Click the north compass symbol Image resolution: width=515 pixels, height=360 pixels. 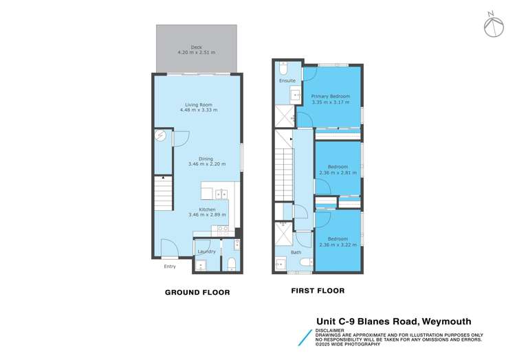pyautogui.click(x=492, y=26)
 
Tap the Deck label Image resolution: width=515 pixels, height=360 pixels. pyautogui.click(x=197, y=47)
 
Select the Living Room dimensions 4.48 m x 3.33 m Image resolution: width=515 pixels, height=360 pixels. pyautogui.click(x=198, y=110)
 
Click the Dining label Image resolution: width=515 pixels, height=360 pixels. pyautogui.click(x=197, y=159)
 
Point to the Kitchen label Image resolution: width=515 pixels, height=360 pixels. pyautogui.click(x=207, y=209)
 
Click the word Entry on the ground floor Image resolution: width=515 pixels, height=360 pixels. pyautogui.click(x=169, y=267)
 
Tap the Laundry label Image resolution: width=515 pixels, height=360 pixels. pyautogui.click(x=206, y=251)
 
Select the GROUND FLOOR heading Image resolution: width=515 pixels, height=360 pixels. pyautogui.click(x=197, y=293)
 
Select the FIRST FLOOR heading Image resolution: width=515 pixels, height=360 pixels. pyautogui.click(x=317, y=291)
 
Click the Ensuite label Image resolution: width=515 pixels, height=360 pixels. pyautogui.click(x=287, y=81)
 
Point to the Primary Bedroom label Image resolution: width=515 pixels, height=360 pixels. pyautogui.click(x=331, y=96)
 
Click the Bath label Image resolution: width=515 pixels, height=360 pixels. pyautogui.click(x=296, y=253)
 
